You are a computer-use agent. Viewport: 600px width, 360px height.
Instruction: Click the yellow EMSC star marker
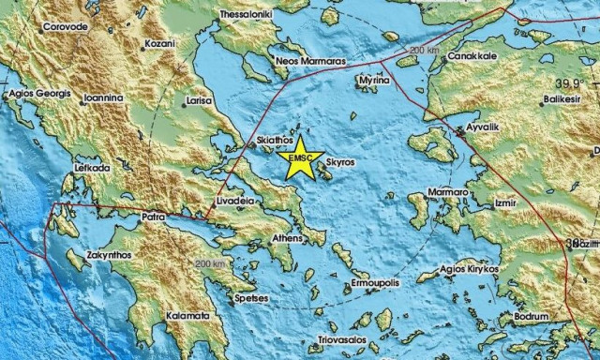pyautogui.click(x=302, y=160)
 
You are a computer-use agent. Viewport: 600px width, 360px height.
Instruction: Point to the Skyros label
pyautogui.click(x=339, y=162)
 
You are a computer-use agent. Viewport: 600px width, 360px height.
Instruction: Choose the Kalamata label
pyautogui.click(x=187, y=316)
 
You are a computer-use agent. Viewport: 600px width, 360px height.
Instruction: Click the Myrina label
pyautogui.click(x=373, y=81)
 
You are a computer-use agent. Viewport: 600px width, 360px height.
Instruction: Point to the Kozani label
pyautogui.click(x=159, y=44)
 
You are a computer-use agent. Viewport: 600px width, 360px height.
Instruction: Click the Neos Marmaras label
pyautogui.click(x=310, y=60)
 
